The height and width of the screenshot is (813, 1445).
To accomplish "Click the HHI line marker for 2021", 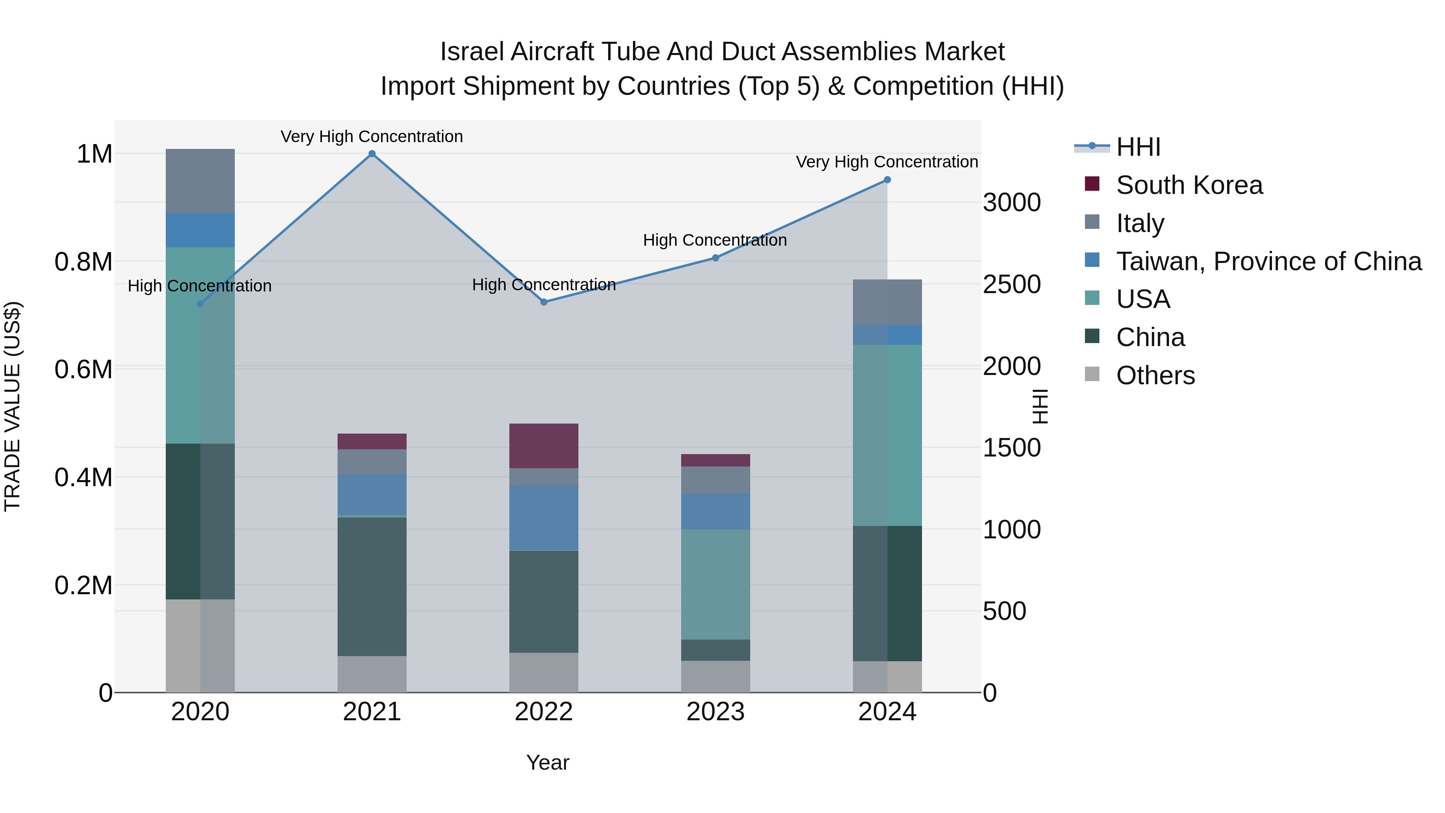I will tap(372, 154).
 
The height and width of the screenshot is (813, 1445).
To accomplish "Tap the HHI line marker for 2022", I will tap(543, 302).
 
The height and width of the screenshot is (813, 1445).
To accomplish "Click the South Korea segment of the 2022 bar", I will tap(543, 446).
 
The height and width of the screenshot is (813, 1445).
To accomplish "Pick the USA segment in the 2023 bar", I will tap(715, 584).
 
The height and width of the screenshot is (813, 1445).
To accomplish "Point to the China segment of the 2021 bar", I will tap(372, 586).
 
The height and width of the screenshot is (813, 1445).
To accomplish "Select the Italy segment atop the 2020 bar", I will tap(200, 181).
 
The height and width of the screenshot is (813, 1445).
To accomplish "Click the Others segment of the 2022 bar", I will tap(543, 672).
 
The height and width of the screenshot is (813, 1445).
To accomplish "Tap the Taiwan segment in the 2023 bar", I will tap(715, 511).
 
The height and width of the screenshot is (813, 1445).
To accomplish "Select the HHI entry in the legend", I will tap(1138, 147).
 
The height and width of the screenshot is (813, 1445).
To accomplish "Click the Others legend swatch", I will tap(1092, 374).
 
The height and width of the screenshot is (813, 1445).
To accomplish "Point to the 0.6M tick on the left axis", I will tap(83, 370).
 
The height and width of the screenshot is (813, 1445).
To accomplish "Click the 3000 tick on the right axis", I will tap(1011, 203).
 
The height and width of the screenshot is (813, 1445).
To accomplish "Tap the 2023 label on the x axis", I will tap(715, 712).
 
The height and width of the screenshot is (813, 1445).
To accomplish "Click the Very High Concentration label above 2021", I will tap(372, 137).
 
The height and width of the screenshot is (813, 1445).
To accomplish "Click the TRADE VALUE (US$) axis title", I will tap(12, 406).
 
